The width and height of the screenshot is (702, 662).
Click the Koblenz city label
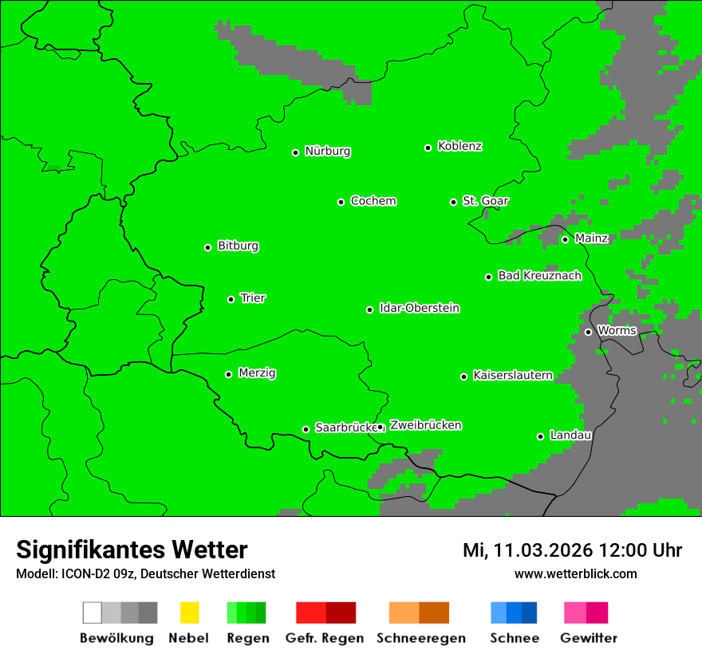[459, 146]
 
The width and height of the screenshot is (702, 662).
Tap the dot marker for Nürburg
[295, 152]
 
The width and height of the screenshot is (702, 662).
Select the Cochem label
[373, 201]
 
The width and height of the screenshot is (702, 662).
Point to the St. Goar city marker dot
[453, 202]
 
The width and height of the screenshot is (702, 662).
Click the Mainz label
[591, 238]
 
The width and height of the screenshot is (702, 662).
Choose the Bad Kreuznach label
[539, 275]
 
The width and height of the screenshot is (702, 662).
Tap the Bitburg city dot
[207, 247]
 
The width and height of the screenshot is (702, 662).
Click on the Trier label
[253, 298]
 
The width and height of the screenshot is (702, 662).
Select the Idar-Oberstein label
[419, 308]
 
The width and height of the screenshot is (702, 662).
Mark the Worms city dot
[588, 332]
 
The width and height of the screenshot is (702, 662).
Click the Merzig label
[257, 372]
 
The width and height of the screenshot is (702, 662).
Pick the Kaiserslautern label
[512, 375]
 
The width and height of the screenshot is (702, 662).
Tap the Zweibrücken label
[425, 425]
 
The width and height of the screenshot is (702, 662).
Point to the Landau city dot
[540, 436]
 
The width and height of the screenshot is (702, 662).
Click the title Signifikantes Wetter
[132, 550]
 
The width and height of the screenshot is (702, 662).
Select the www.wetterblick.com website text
[575, 573]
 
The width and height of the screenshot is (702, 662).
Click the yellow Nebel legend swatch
[189, 613]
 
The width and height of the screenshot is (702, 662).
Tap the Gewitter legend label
[588, 638]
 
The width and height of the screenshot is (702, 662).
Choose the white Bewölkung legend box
[93, 613]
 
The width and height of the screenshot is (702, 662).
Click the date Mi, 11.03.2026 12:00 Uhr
[572, 550]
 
